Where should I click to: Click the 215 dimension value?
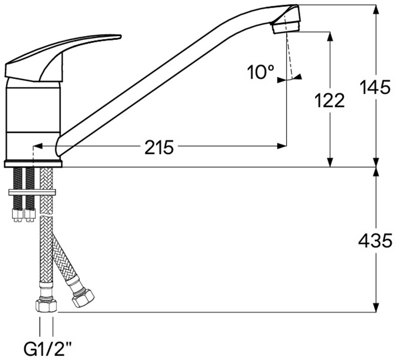(159, 147)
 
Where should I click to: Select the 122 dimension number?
(330, 101)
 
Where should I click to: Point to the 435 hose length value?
(375, 241)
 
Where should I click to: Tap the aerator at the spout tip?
(285, 27)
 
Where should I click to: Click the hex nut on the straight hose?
(46, 306)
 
